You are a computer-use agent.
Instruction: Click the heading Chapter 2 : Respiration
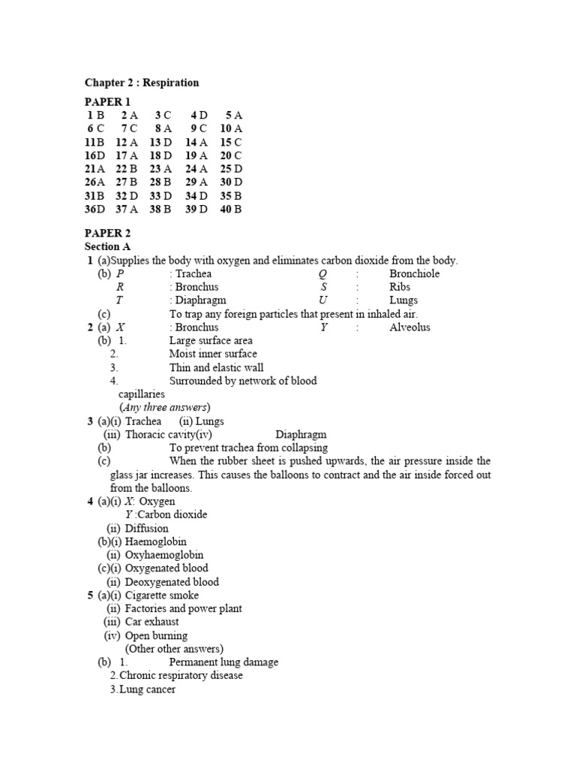coord(142,83)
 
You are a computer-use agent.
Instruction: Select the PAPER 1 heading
coord(107,101)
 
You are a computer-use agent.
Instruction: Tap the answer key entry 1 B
coord(95,115)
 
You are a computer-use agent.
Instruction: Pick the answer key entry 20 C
coord(231,155)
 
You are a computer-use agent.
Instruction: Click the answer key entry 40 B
coord(231,210)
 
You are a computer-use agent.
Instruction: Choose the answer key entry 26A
coord(94,182)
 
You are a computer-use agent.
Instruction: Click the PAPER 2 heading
coord(107,234)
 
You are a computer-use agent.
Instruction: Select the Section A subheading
coord(107,246)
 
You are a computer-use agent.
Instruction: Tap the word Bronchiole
coord(415,273)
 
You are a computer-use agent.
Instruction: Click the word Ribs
coord(400,287)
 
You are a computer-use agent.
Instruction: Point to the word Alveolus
coord(410,327)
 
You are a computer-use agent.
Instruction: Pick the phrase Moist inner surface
coord(213,354)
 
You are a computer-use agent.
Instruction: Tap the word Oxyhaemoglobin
coord(164,555)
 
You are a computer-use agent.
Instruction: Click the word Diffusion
coord(147,528)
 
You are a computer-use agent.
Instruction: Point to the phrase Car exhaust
coord(152,622)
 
